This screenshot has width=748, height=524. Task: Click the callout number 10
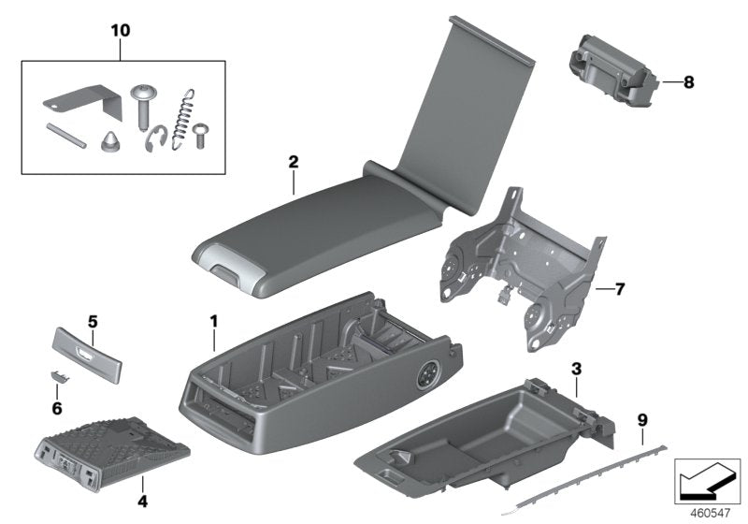pyautogui.click(x=120, y=31)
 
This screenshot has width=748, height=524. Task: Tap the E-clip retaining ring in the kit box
pyautogui.click(x=158, y=140)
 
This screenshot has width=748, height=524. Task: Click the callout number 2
pyautogui.click(x=293, y=162)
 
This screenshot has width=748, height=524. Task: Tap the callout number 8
pyautogui.click(x=688, y=82)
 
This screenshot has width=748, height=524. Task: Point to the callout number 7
pyautogui.click(x=619, y=289)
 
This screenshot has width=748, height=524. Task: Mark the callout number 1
pyautogui.click(x=213, y=321)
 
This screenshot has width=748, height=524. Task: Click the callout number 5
pyautogui.click(x=93, y=322)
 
